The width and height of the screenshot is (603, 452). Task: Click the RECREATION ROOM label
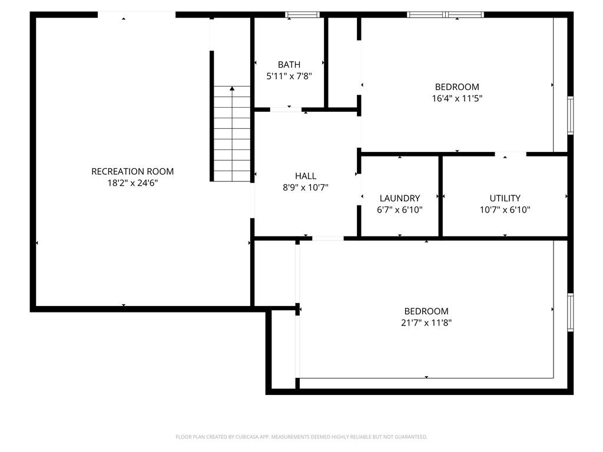pos(132,171)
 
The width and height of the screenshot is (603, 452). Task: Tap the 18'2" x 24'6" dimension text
pos(132,182)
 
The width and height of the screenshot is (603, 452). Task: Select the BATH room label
pos(289,65)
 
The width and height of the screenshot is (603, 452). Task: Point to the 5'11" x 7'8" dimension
pos(289,76)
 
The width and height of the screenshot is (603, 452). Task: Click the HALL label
pos(306,176)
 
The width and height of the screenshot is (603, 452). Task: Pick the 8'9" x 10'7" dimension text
pos(306,187)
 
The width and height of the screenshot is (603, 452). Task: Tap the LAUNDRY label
pos(400,198)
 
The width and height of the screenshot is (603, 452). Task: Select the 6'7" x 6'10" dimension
pos(400,210)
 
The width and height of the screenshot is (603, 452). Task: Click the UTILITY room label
pos(505,198)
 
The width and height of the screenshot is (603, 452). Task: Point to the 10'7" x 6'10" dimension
pos(505,210)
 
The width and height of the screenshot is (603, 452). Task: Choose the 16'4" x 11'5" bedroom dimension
pos(457,98)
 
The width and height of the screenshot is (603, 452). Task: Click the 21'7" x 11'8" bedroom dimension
pos(426,323)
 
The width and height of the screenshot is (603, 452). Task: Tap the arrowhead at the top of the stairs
pos(232,88)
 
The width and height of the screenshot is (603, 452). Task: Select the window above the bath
pos(302,14)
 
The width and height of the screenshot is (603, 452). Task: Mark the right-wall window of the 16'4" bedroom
pos(570,116)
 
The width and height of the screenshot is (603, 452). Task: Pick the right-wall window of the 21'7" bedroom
pos(570,313)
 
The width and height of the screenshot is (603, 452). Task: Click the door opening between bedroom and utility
pos(511,154)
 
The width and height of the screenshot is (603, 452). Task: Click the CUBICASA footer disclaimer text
pos(301,437)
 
